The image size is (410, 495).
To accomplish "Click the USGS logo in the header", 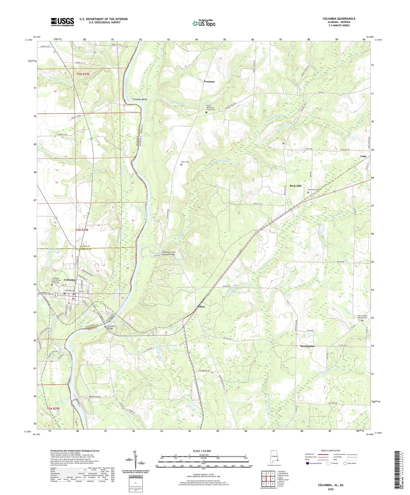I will (x=62, y=22).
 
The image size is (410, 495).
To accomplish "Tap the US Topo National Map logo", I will (x=204, y=23).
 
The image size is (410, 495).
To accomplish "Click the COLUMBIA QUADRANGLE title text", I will (x=339, y=19).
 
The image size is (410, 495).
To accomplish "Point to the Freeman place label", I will (x=209, y=81).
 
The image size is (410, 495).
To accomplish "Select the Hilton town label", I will (x=201, y=307).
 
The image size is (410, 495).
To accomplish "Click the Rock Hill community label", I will (x=295, y=186).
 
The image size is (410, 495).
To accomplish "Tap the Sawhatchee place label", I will (x=307, y=346).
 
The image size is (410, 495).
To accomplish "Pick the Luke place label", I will (x=363, y=156).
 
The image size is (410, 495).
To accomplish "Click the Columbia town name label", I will (x=70, y=280).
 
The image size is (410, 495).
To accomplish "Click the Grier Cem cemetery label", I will (x=185, y=162).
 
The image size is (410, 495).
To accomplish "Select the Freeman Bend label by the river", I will (x=140, y=99).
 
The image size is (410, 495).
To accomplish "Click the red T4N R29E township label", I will (x=82, y=230).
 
